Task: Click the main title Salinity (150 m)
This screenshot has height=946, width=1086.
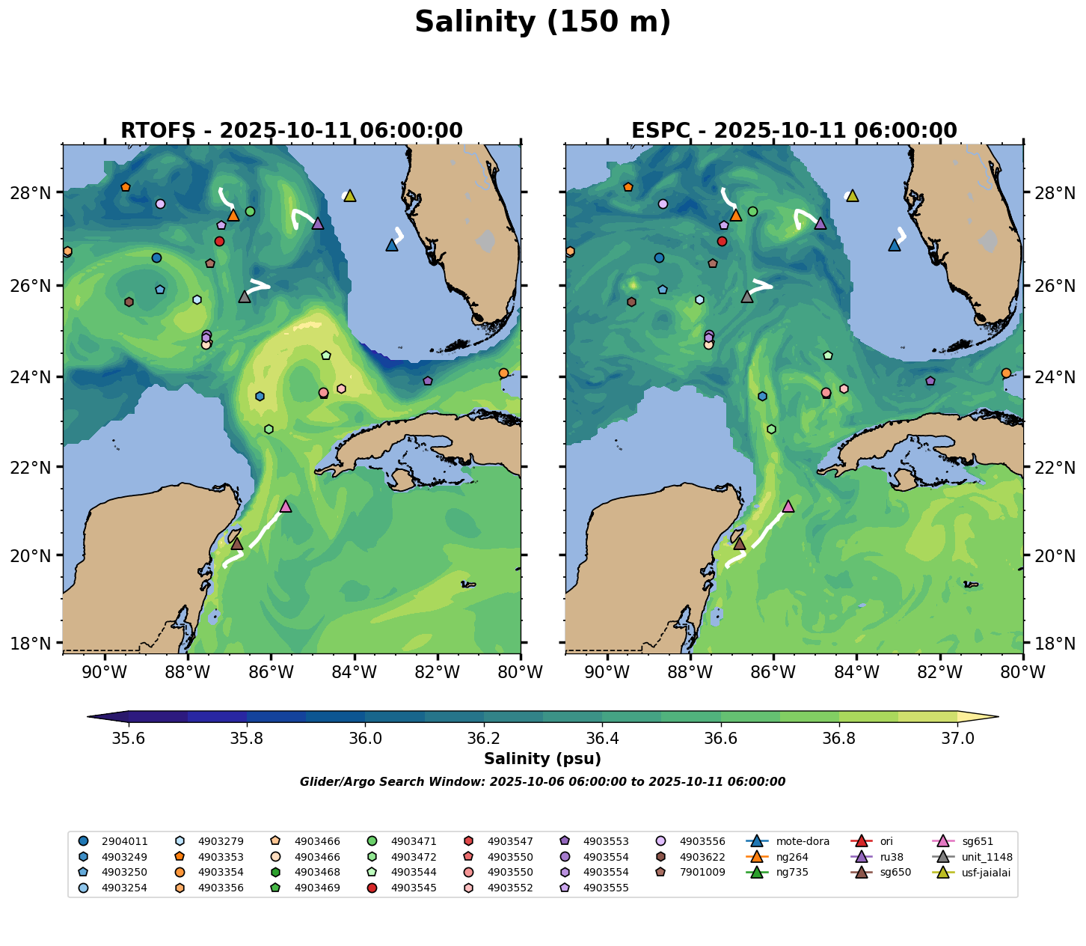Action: (542, 22)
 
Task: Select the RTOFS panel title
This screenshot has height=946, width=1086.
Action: (292, 131)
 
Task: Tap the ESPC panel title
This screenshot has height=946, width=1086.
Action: (794, 131)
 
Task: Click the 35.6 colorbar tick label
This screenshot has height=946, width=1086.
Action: (129, 738)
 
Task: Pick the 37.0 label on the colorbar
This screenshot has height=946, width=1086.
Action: (957, 738)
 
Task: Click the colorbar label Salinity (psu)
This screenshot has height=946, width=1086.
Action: (542, 759)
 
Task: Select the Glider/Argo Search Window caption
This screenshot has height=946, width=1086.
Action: (542, 782)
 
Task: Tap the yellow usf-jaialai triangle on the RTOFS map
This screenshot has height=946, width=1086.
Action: (349, 196)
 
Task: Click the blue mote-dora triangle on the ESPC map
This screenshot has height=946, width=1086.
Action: (895, 245)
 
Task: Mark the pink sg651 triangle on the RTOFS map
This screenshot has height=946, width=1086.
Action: (286, 507)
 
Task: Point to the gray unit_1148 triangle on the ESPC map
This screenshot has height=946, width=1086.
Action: (747, 297)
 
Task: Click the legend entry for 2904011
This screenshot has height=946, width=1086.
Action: (116, 841)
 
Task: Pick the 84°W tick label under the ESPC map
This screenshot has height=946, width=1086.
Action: (856, 672)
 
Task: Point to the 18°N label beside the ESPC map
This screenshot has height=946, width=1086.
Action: (1055, 643)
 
